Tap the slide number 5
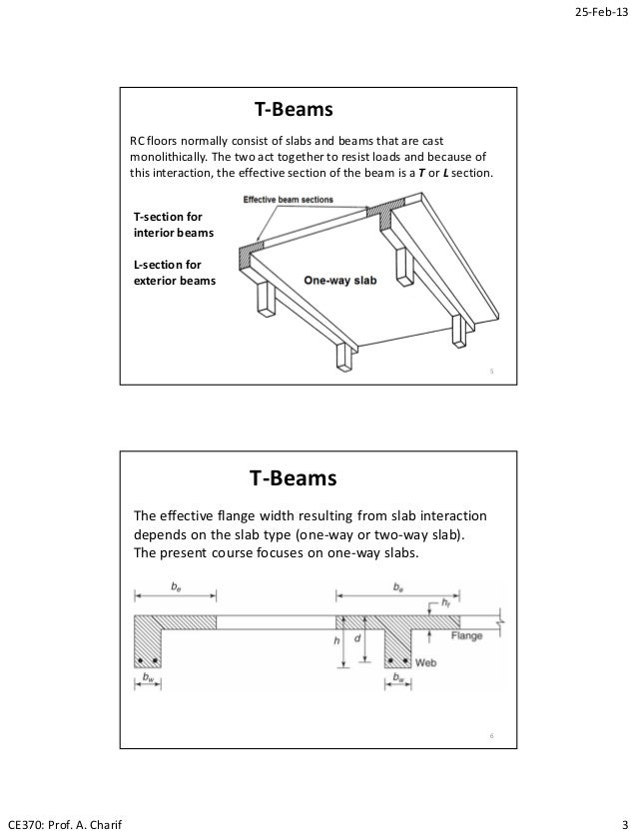pyautogui.click(x=491, y=373)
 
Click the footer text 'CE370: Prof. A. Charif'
pyautogui.click(x=62, y=823)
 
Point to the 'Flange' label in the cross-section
pyautogui.click(x=468, y=634)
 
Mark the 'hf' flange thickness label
pyautogui.click(x=443, y=602)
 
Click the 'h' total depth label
pyautogui.click(x=337, y=642)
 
